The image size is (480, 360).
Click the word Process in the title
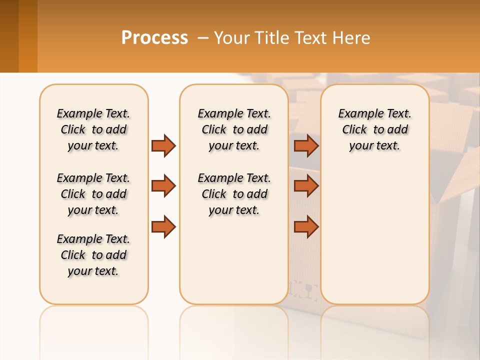[154, 38]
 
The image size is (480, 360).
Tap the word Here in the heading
[352, 38]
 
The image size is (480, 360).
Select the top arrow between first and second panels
[163, 145]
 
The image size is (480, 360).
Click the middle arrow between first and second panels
[163, 186]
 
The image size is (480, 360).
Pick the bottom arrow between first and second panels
[163, 226]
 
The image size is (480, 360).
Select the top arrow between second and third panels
[306, 145]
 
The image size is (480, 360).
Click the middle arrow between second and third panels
[306, 186]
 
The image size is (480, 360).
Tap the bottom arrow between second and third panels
[306, 226]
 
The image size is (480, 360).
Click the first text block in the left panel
[93, 129]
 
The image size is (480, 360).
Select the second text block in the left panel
[93, 194]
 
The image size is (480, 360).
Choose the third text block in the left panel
[93, 255]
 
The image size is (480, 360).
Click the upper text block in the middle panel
[234, 129]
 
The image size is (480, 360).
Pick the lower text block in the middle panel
[234, 194]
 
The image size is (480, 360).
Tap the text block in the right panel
[374, 129]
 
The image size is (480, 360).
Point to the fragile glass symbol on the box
[310, 290]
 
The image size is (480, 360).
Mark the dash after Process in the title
[203, 38]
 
